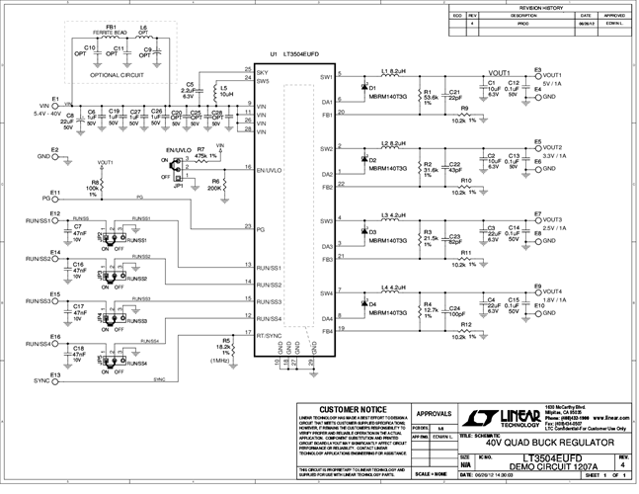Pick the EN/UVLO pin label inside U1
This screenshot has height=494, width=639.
point(271,170)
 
